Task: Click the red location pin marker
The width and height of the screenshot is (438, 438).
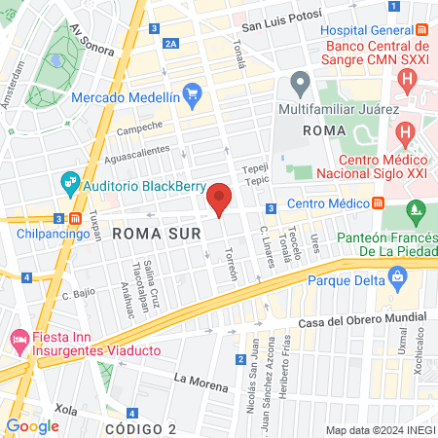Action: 220,199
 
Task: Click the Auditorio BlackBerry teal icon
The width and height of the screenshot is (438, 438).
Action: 69,182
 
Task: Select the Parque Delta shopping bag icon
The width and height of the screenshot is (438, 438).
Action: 397,278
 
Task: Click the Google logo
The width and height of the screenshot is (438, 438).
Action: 33,425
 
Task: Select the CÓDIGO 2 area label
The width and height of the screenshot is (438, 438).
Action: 140,429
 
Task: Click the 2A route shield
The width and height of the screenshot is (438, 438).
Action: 171,44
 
